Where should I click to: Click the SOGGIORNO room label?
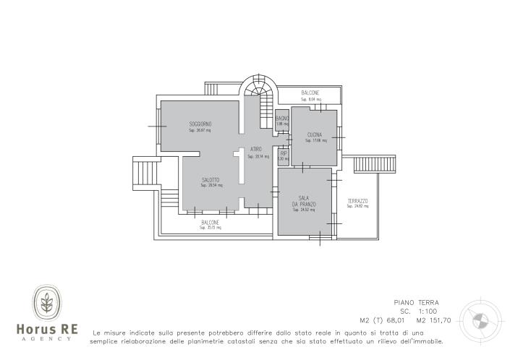pyautogui.click(x=200, y=124)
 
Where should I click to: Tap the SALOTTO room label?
pyautogui.click(x=211, y=180)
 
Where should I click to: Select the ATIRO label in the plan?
pyautogui.click(x=256, y=150)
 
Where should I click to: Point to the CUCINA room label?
pyautogui.click(x=315, y=135)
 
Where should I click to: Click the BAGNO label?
pyautogui.click(x=282, y=119)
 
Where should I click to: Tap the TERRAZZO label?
pyautogui.click(x=357, y=201)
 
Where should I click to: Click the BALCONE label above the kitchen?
pyautogui.click(x=310, y=93)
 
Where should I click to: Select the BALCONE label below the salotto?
pyautogui.click(x=211, y=223)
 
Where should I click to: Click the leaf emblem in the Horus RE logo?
pyautogui.click(x=49, y=303)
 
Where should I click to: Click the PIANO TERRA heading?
pyautogui.click(x=416, y=303)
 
